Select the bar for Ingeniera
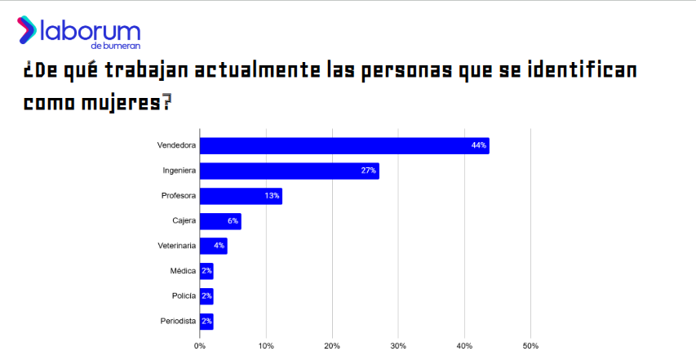pyautogui.click(x=290, y=171)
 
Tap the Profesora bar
pyautogui.click(x=241, y=196)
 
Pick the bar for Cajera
pyautogui.click(x=220, y=221)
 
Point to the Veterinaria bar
pyautogui.click(x=213, y=246)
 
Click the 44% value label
pyautogui.click(x=479, y=146)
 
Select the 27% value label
pyautogui.click(x=368, y=171)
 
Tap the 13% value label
pyautogui.click(x=273, y=196)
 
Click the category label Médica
pyautogui.click(x=183, y=271)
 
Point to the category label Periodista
pyautogui.click(x=178, y=322)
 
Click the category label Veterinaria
pyautogui.click(x=176, y=246)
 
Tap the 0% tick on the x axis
pyautogui.click(x=200, y=346)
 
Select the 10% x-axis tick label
pyautogui.click(x=266, y=346)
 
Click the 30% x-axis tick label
pyautogui.click(x=398, y=346)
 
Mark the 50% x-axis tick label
pyautogui.click(x=530, y=346)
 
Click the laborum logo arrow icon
pyautogui.click(x=27, y=31)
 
